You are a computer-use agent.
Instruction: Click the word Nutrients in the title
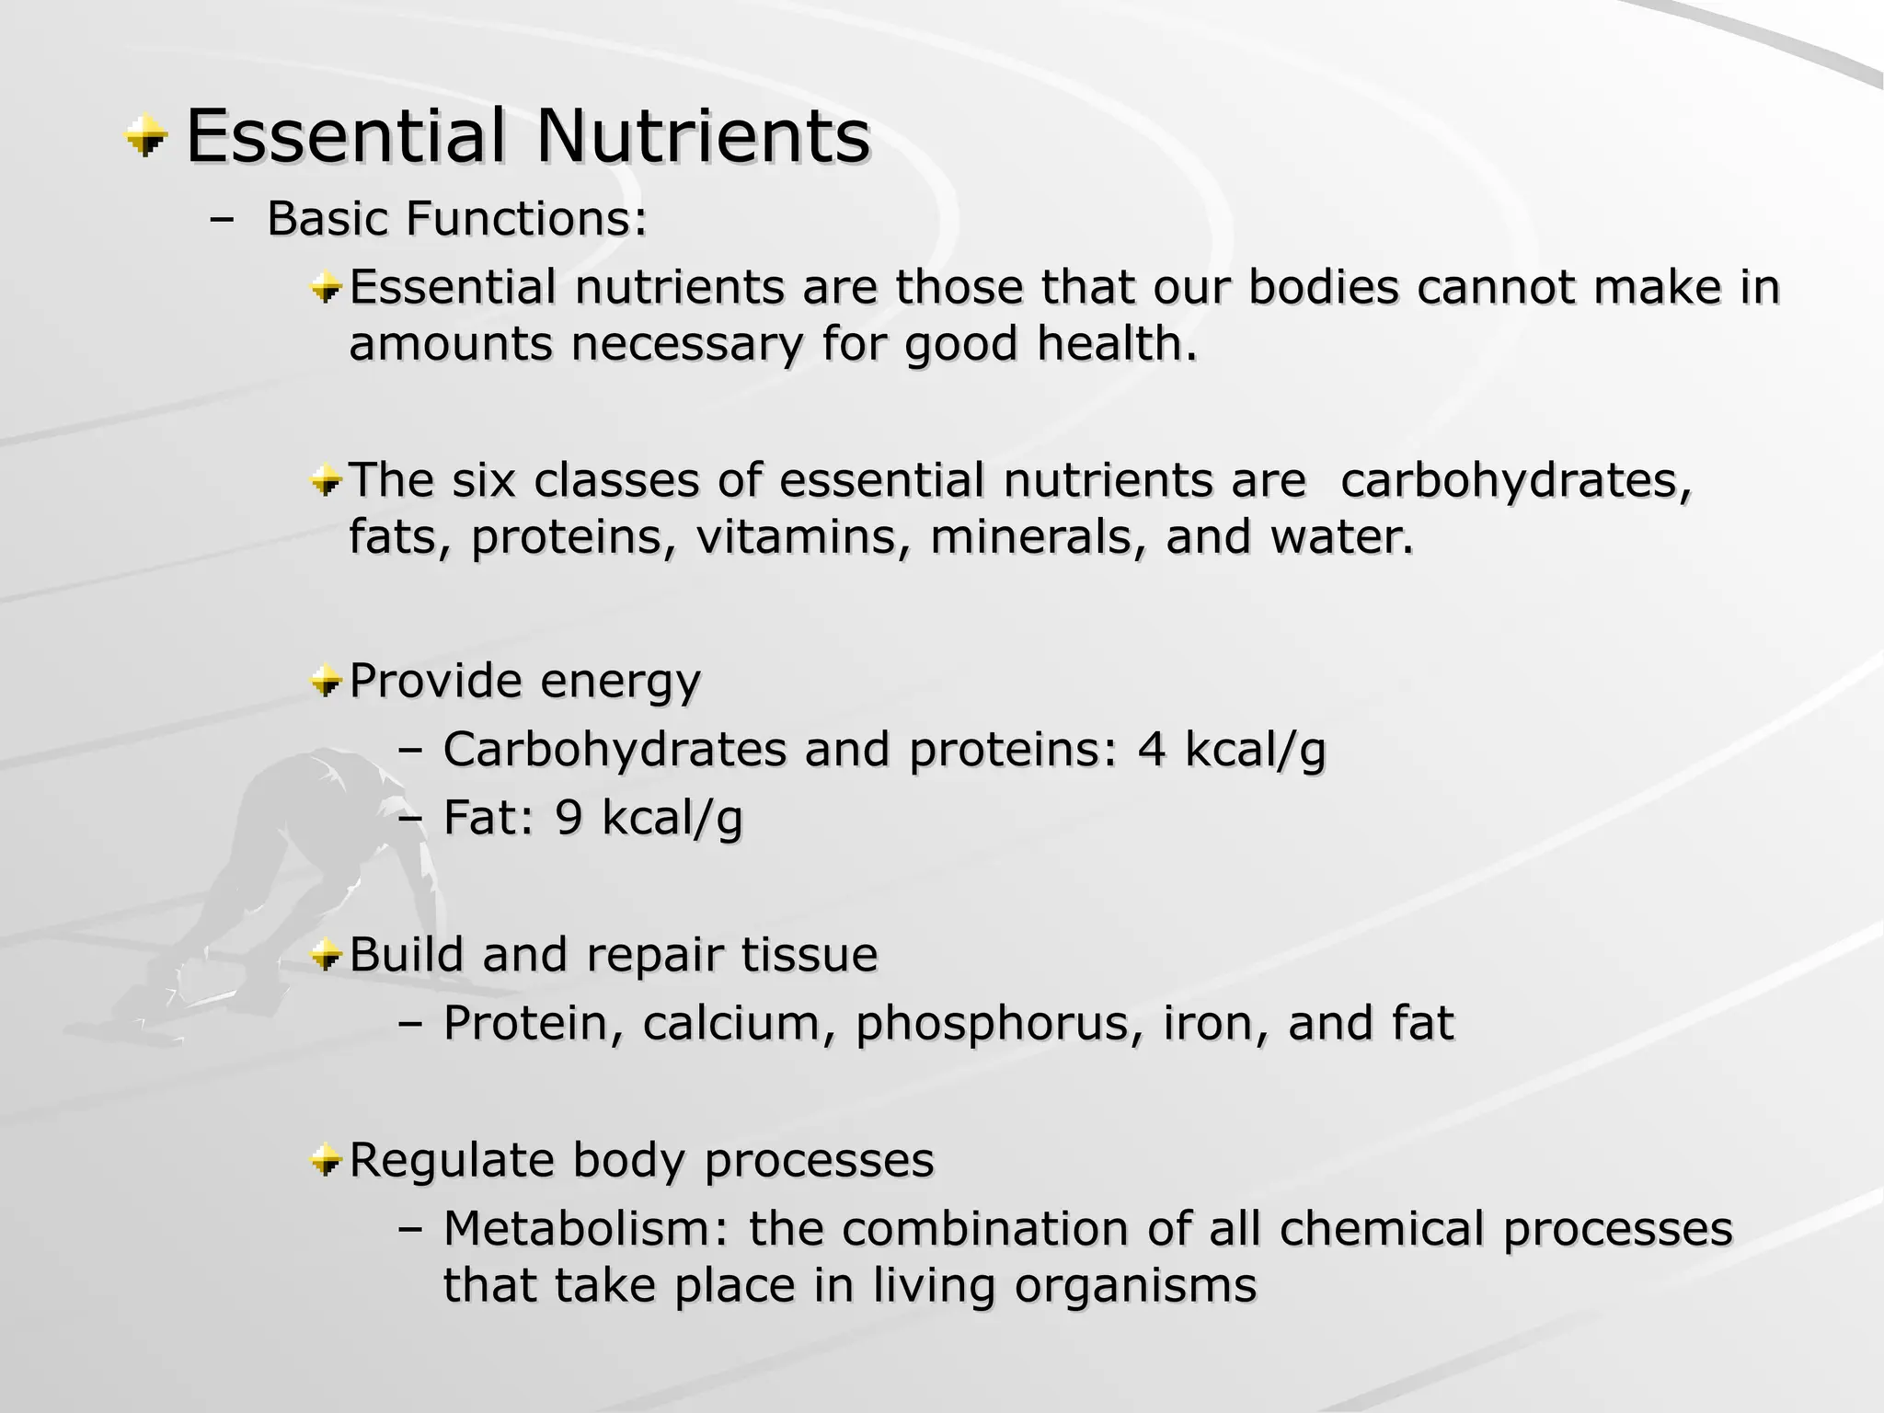pos(703,137)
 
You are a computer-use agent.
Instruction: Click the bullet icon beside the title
pos(146,138)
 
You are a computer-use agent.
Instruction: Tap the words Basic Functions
pos(457,219)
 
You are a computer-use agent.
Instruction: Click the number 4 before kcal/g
pos(1151,750)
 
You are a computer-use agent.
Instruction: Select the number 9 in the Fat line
pos(569,818)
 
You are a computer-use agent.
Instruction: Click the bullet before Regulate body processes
pos(326,1161)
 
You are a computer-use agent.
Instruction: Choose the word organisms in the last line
pos(1135,1286)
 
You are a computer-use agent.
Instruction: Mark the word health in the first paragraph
pos(1117,344)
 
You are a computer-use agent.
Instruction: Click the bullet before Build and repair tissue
pos(326,957)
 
